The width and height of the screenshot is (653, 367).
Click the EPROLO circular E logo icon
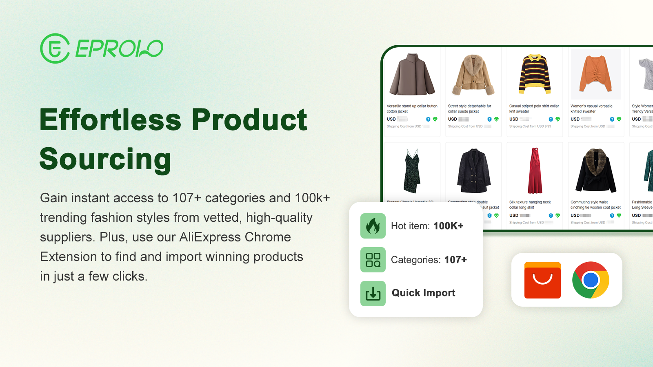coord(55,49)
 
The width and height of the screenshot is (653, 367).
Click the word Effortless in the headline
coord(111,120)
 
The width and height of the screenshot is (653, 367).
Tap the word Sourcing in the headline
coord(105,159)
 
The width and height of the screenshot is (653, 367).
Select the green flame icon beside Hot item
coord(373,226)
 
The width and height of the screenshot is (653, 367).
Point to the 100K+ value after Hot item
coord(448,226)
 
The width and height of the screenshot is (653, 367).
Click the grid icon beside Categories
coord(373,260)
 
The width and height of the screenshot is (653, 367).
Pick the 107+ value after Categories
coord(455,260)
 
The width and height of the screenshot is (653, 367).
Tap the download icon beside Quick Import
coord(373,294)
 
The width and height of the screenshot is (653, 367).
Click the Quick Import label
coord(423,293)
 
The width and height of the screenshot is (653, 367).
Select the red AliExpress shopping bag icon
coord(542,280)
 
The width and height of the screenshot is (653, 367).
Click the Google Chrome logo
coord(591,280)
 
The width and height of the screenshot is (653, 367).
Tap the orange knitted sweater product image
coord(595,74)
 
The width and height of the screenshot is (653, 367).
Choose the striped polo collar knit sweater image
coord(535,74)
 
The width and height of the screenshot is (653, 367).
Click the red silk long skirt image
coord(535,170)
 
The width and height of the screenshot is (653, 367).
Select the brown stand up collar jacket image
coord(412,74)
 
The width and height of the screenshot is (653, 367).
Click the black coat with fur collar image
coord(596,170)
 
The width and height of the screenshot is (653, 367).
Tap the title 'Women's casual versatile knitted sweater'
coord(591,108)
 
